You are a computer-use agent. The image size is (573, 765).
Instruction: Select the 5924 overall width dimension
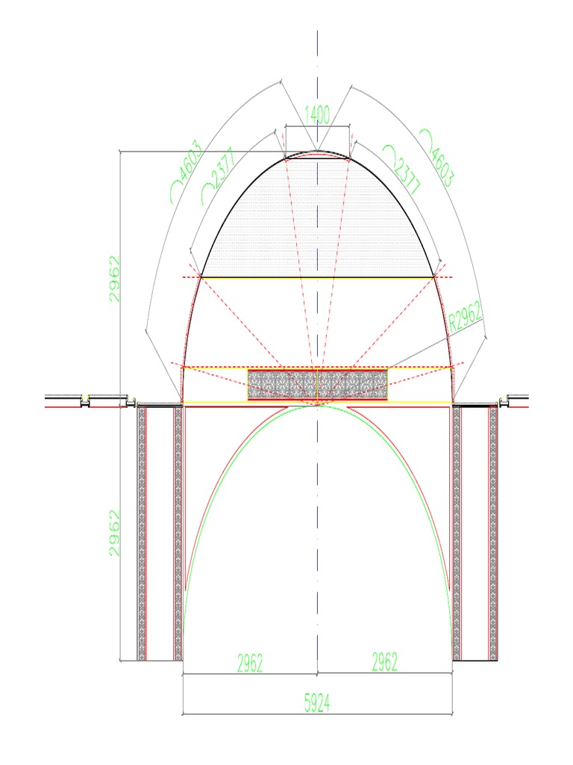(x=318, y=703)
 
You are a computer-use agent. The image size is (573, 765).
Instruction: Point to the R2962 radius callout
(x=466, y=319)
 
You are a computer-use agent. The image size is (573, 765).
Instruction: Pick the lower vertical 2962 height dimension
(x=114, y=533)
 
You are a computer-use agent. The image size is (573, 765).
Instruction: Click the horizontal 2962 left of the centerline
(x=250, y=663)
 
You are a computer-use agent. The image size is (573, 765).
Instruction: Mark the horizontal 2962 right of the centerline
(x=384, y=663)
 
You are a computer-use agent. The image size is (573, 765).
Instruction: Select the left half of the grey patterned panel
(x=283, y=385)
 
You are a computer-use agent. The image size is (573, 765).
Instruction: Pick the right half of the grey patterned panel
(x=353, y=385)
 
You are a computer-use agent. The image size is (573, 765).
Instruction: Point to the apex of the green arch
(x=318, y=406)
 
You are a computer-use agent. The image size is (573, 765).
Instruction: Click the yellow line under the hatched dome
(x=318, y=277)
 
